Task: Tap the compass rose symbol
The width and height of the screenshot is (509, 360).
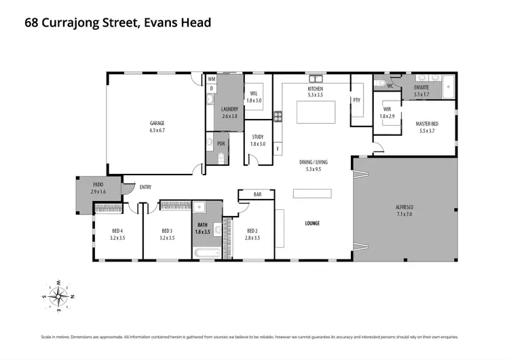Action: (x=62, y=293)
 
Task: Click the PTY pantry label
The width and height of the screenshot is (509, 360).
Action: (x=356, y=101)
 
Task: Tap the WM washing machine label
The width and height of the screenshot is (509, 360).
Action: (x=212, y=79)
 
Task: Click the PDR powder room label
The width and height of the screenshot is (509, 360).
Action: (x=221, y=144)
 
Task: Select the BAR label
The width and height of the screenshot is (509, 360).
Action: (x=257, y=195)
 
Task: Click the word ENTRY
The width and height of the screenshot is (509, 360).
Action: (x=145, y=187)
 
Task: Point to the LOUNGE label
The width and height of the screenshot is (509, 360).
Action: (x=312, y=223)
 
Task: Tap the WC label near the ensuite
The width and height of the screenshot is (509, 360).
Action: (x=390, y=86)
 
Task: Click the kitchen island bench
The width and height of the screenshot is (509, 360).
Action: (x=316, y=112)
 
